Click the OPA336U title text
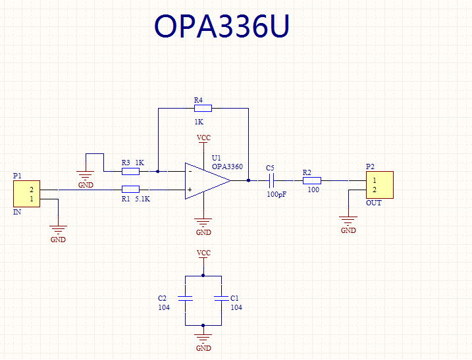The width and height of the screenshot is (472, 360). tap(222, 26)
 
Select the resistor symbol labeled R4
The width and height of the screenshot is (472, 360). tap(203, 109)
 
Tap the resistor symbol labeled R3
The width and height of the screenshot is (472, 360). tap(130, 172)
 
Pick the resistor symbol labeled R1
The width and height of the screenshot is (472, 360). tap(130, 190)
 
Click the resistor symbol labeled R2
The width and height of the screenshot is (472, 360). tap(312, 180)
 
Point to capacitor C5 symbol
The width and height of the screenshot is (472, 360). tap(271, 180)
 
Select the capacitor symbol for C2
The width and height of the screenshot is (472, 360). tap(185, 298)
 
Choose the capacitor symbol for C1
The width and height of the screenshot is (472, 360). tap(222, 298)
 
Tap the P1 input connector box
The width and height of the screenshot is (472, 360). tap(26, 194)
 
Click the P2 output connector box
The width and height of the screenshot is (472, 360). tap(380, 185)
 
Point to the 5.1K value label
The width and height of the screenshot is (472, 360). tap(142, 199)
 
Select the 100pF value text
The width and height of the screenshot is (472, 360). tap(276, 194)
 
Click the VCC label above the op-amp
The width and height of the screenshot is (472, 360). tap(203, 138)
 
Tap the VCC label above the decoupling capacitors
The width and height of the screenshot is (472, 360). tap(203, 253)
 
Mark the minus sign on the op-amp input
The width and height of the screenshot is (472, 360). tap(190, 172)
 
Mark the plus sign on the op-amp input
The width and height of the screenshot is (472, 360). tap(190, 190)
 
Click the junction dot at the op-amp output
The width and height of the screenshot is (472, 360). tap(248, 180)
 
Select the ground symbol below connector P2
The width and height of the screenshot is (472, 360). tap(348, 221)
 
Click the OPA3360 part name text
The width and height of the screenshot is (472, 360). tap(227, 167)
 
